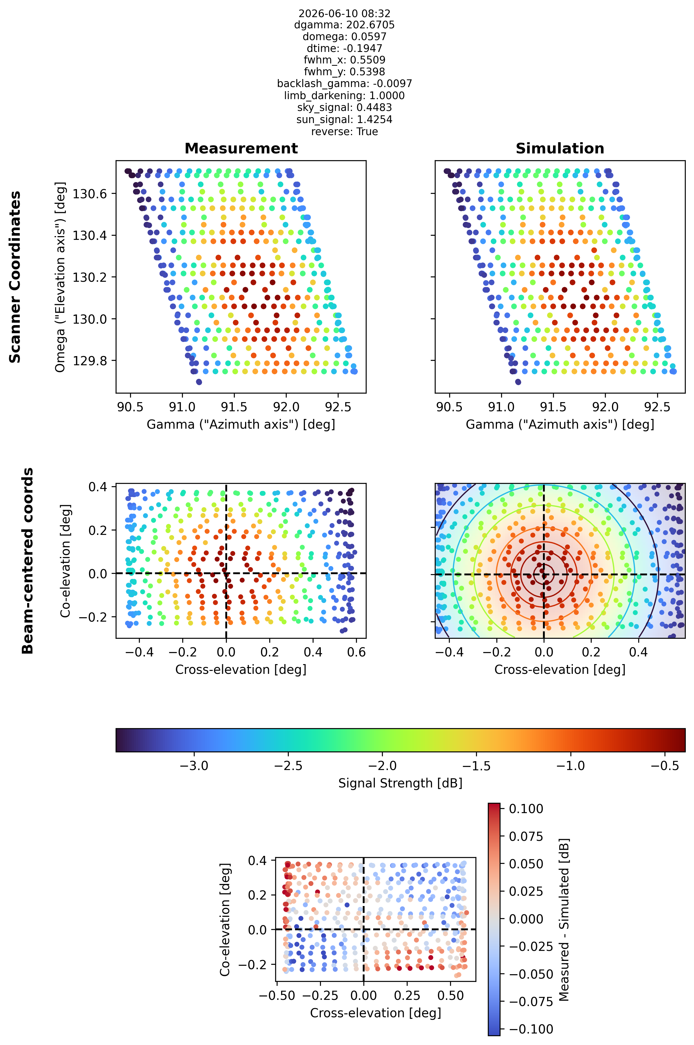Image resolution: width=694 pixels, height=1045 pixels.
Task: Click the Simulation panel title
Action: click(560, 148)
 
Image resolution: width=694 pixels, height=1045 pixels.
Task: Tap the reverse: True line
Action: click(344, 132)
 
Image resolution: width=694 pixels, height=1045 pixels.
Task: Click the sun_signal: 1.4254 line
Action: click(344, 119)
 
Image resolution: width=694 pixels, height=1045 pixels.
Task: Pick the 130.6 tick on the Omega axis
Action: click(90, 194)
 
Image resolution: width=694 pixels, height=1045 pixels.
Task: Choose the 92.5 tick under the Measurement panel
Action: click(338, 407)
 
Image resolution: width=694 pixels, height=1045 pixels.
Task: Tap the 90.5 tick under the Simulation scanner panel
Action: click(449, 407)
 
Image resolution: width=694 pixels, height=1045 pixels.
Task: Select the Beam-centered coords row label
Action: click(27, 560)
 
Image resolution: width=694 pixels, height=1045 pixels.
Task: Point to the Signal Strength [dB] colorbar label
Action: click(400, 783)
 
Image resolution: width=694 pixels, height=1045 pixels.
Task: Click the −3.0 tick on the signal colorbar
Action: click(194, 765)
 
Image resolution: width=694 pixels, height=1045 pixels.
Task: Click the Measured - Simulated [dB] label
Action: click(563, 919)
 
